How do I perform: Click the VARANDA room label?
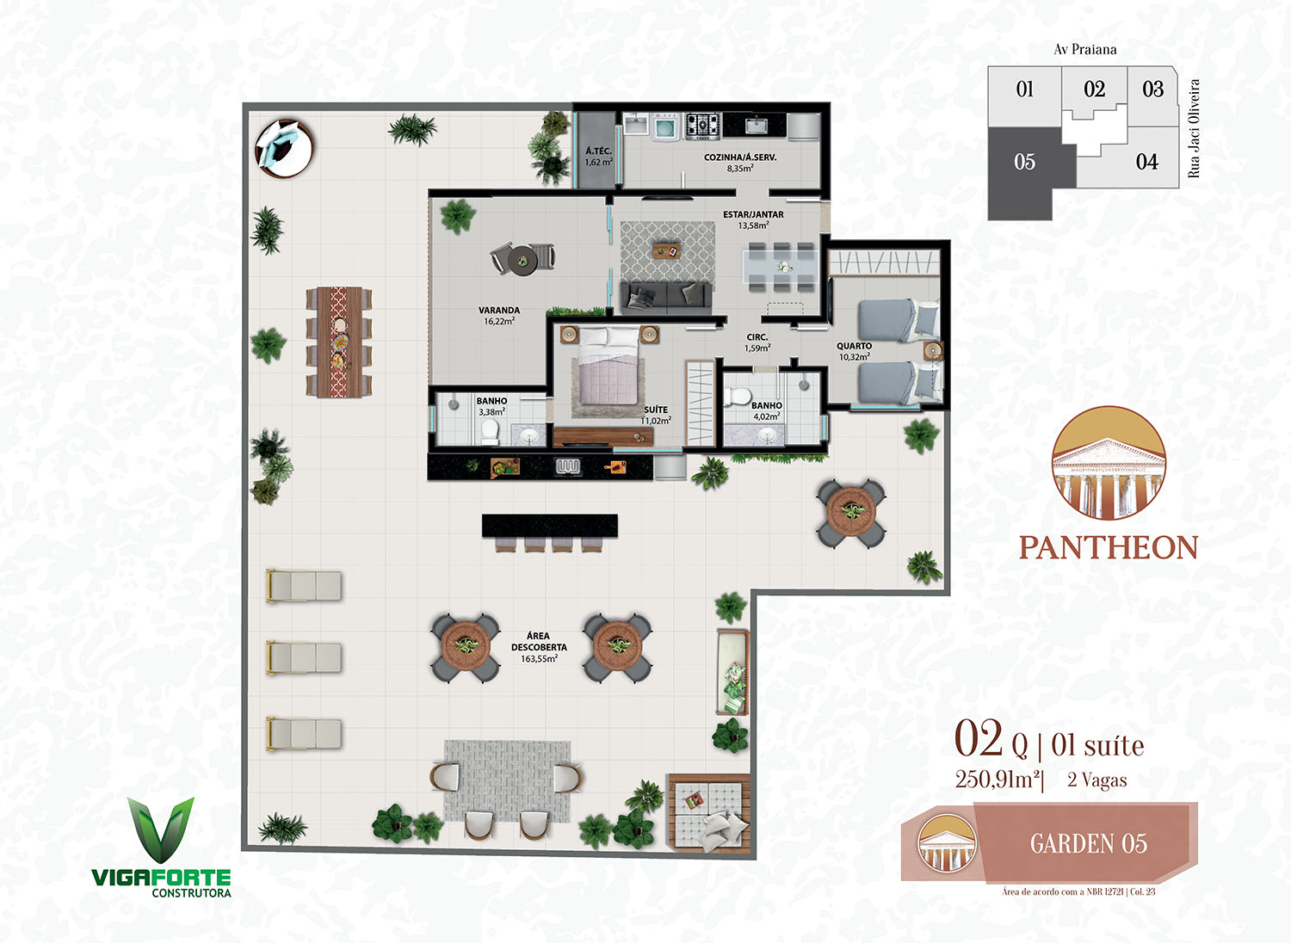pos(499,310)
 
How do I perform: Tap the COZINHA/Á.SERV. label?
pos(740,157)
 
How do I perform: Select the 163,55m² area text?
pos(539,659)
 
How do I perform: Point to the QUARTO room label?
pos(854,346)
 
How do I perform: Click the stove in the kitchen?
pos(703,126)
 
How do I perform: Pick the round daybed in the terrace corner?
pos(284,147)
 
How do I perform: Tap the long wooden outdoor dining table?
pos(339,342)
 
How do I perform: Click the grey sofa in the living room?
pos(665,297)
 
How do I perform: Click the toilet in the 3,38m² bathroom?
pos(490,431)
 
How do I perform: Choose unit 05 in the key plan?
pos(1024,162)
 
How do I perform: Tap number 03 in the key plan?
pos(1152,89)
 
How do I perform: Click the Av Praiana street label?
pos(1084,50)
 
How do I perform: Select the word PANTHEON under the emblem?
pos(1109,547)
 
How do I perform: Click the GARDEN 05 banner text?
pos(1089,843)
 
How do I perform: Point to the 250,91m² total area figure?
pos(998,780)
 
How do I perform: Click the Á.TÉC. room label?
pos(598,151)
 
